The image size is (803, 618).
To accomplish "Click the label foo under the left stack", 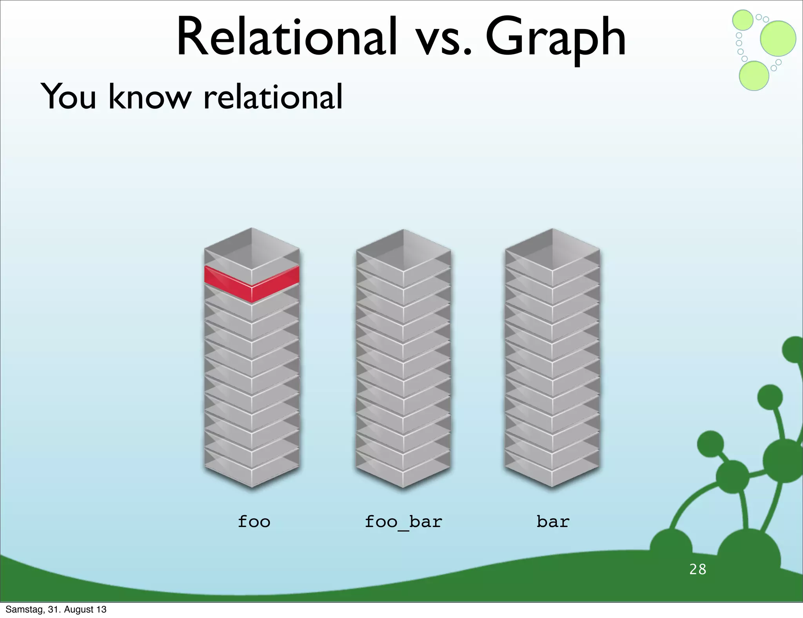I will pyautogui.click(x=254, y=522).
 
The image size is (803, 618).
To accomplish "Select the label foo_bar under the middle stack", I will pyautogui.click(x=403, y=522).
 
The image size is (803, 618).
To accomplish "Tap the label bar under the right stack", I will pyautogui.click(x=553, y=522).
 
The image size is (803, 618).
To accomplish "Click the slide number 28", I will pyautogui.click(x=698, y=569).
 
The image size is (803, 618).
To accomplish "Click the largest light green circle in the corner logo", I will pyautogui.click(x=778, y=38).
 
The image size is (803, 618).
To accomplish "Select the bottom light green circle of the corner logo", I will pyautogui.click(x=754, y=76).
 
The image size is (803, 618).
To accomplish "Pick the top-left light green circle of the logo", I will pyautogui.click(x=743, y=20).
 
